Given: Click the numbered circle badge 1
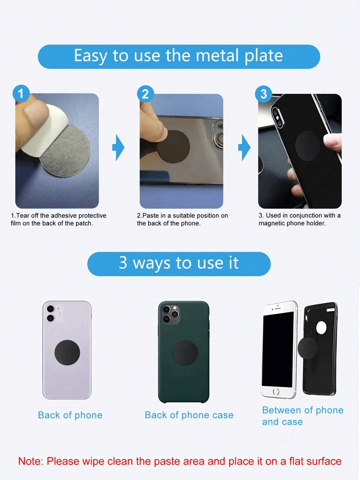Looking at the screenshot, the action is click(x=21, y=94).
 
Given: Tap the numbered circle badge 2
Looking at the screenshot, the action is click(x=145, y=94).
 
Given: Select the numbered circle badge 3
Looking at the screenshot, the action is click(x=264, y=94).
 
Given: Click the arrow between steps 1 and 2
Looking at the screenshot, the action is click(x=118, y=148).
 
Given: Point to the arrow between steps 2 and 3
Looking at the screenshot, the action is click(x=244, y=148).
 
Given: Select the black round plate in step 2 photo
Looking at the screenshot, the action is click(x=174, y=147).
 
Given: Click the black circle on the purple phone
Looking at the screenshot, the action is click(x=67, y=353).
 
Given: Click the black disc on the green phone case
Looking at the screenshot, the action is click(x=185, y=353).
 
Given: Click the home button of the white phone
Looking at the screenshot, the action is click(x=276, y=392).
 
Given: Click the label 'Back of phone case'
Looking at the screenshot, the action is click(x=189, y=415).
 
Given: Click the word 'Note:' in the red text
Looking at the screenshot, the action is click(x=31, y=461).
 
